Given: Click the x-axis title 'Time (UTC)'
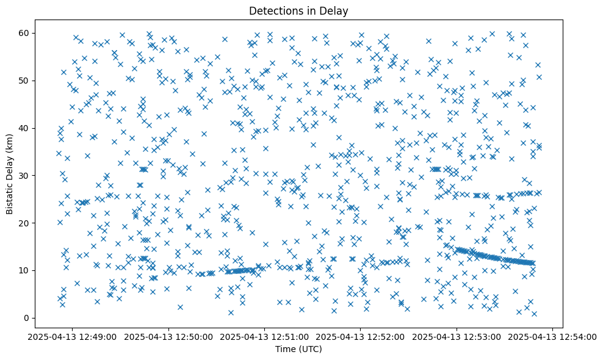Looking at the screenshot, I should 299,349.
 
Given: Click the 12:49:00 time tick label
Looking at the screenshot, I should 73,336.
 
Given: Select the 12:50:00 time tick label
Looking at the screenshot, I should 169,336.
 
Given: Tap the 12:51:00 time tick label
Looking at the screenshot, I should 265,336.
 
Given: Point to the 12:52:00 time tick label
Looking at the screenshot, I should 361,336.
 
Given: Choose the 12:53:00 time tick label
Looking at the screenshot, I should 457,336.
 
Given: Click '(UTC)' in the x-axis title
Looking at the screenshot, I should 311,349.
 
